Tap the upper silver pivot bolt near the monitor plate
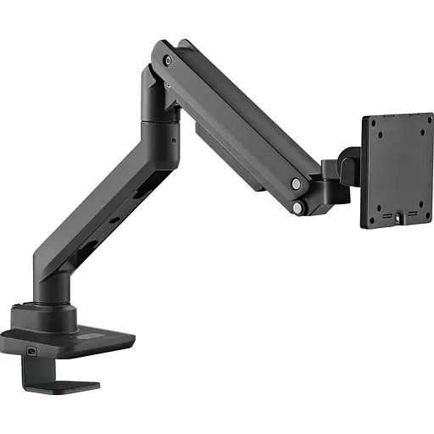point(295,183)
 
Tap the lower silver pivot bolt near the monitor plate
point(298,206)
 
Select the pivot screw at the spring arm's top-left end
point(168,60)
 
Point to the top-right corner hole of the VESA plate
point(425,121)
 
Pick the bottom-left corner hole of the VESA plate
point(371,218)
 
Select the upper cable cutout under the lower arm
point(136,197)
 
